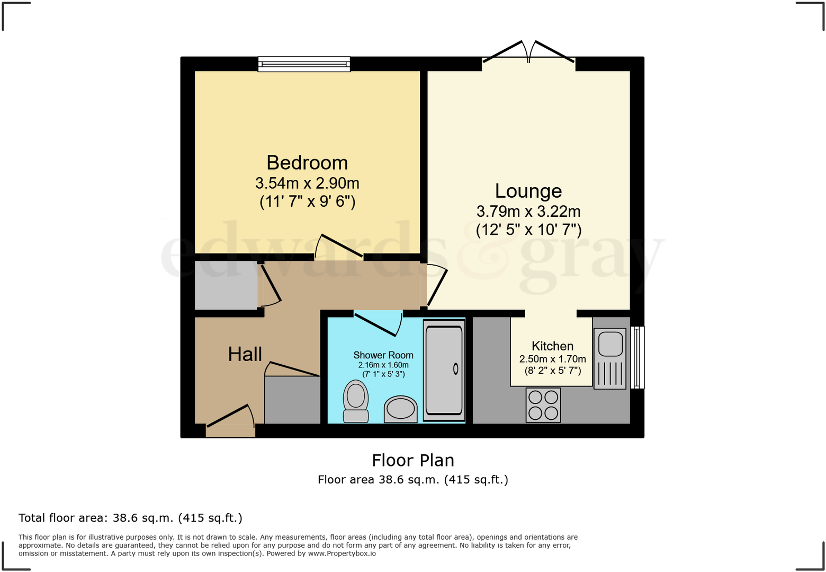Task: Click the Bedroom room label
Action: tap(307, 163)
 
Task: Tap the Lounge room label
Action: tap(528, 191)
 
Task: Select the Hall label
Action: tap(245, 354)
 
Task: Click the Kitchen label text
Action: tap(552, 346)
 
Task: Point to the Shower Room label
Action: tap(383, 355)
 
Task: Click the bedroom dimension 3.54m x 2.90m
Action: tap(307, 183)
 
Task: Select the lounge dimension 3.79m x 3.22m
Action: tap(528, 212)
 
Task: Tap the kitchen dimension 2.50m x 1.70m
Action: tap(552, 359)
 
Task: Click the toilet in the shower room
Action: tap(356, 401)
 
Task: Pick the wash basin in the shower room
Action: tap(400, 409)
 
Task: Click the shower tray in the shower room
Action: tap(444, 369)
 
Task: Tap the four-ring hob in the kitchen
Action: tap(543, 405)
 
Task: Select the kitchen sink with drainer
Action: tap(610, 358)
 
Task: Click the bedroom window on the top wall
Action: tap(304, 64)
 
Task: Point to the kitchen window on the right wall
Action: tap(638, 357)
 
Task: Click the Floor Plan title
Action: tap(413, 460)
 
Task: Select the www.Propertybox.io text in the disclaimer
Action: tap(342, 553)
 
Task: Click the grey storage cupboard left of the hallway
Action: tap(226, 285)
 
